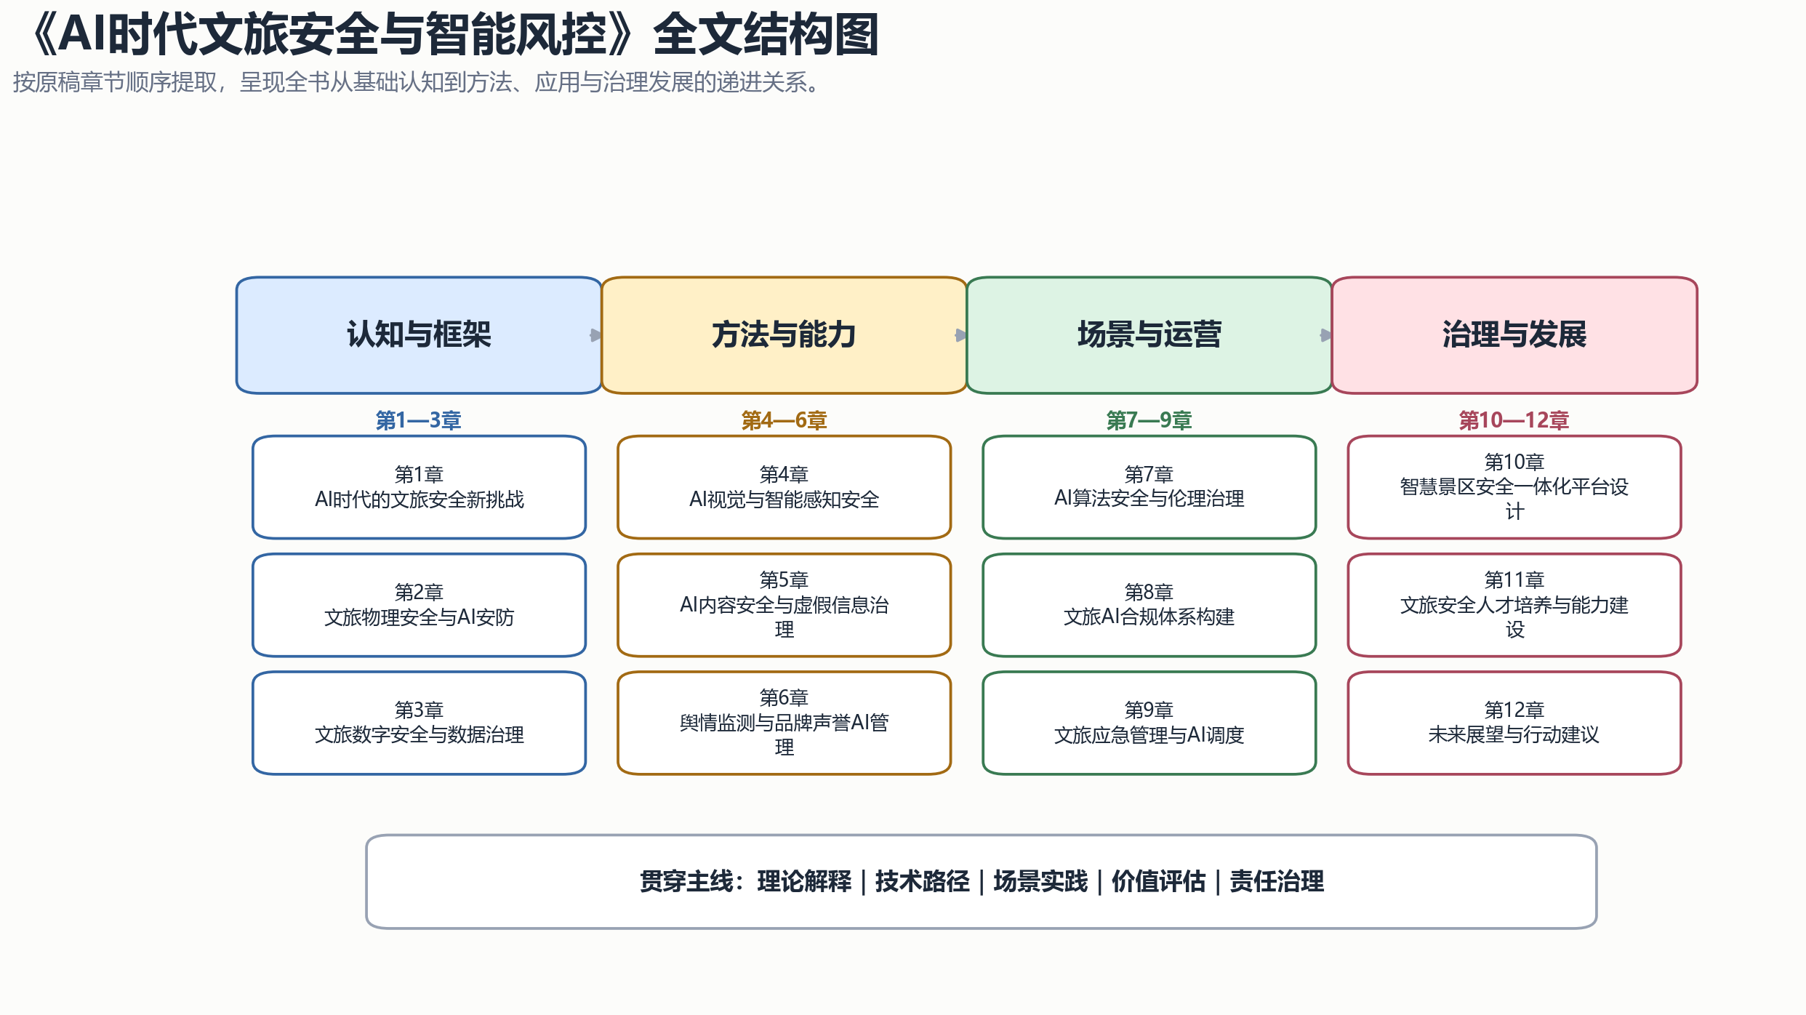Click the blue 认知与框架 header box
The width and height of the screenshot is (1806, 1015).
point(419,335)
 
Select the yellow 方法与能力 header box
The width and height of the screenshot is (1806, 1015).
point(784,335)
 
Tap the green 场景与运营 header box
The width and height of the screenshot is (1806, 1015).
point(1149,335)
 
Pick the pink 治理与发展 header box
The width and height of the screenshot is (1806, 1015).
point(1514,335)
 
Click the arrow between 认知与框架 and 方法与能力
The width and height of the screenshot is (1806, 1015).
point(595,335)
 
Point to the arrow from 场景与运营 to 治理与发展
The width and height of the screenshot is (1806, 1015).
point(1325,335)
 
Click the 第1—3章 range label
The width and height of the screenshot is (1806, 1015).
point(418,420)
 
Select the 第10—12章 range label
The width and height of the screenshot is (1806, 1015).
point(1514,420)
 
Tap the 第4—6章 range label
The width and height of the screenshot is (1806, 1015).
point(784,420)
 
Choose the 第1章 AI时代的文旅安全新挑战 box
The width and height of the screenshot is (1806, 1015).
point(419,487)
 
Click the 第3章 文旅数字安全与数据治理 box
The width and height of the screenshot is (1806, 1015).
point(419,723)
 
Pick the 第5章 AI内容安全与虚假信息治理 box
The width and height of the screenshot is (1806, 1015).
point(784,605)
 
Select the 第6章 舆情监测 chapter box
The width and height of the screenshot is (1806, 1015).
point(784,723)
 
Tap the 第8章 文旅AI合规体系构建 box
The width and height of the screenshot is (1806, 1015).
point(1149,605)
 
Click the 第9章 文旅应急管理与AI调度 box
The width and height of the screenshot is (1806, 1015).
point(1149,723)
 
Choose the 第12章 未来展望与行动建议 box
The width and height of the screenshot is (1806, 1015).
point(1514,723)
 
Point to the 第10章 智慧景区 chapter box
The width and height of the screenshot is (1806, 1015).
point(1514,487)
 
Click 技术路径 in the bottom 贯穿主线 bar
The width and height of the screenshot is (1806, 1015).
point(922,881)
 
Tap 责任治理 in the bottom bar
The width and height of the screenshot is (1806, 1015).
point(1277,881)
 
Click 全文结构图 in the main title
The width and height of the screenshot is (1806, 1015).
point(766,35)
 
